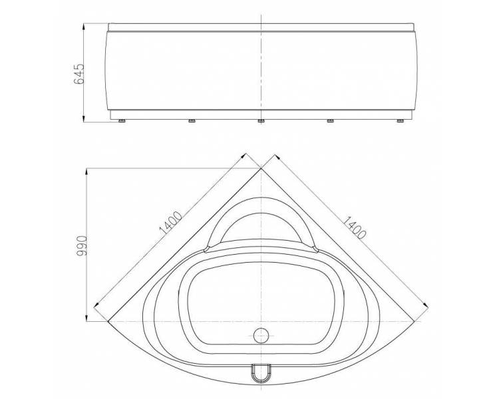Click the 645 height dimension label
[79, 74]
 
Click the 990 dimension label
[82, 245]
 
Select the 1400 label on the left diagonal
[170, 222]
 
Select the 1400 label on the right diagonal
[355, 227]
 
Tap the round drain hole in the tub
[261, 335]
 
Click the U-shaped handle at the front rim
[261, 373]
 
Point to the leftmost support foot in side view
[122, 121]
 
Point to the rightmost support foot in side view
[400, 121]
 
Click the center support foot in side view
[261, 121]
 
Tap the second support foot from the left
[192, 121]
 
